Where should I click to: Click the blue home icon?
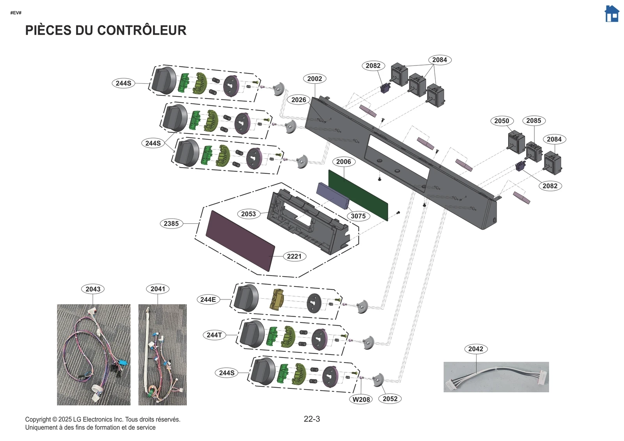point(612,14)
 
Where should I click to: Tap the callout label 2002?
point(314,79)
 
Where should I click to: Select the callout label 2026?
point(299,100)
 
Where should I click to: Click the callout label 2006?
point(343,162)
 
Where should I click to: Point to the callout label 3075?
point(358,216)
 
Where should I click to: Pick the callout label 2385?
point(171,223)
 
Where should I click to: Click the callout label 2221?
point(294,256)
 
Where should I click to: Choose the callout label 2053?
point(248,214)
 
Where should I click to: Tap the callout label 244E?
point(208,299)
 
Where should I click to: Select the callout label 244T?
point(214,335)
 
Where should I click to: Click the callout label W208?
point(361,399)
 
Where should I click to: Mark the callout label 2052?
point(390,398)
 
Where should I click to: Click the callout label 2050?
point(502,121)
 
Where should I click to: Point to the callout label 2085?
point(534,121)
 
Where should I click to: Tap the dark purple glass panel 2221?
point(240,241)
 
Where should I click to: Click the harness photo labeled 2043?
point(94,355)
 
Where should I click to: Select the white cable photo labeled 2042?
point(496,377)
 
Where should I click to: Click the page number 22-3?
point(312,419)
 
